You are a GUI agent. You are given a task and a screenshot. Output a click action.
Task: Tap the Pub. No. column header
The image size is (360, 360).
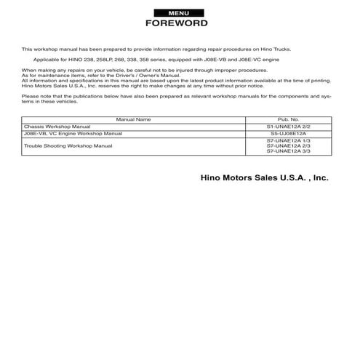pos(288,119)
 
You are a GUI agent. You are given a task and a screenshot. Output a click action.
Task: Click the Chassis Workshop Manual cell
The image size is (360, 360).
pos(57,127)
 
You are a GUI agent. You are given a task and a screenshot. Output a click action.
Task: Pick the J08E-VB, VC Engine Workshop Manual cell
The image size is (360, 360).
pos(73,134)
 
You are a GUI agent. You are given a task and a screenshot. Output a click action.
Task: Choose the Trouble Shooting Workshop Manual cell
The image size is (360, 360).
pos(68,145)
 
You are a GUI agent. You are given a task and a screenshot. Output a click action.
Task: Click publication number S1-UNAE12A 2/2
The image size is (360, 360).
pos(288,127)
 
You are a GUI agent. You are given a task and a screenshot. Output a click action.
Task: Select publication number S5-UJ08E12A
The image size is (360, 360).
pos(288,134)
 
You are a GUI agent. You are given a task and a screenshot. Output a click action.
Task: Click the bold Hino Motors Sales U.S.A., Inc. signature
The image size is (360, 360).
pos(264,177)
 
